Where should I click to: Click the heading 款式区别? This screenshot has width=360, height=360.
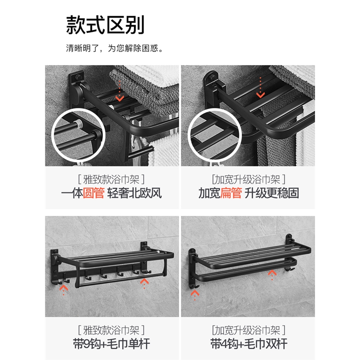click(105, 25)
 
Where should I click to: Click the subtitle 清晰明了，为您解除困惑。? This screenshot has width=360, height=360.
click(114, 48)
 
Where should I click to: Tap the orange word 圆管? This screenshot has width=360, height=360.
click(94, 193)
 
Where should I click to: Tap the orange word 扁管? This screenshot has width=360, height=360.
click(231, 193)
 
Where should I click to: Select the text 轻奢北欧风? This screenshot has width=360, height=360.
click(134, 193)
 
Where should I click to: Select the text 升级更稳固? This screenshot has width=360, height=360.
click(272, 193)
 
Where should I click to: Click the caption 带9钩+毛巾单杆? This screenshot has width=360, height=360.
click(111, 344)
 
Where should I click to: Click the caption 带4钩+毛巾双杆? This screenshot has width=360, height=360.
click(249, 344)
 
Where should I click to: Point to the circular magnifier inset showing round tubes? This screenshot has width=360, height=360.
click(78, 135)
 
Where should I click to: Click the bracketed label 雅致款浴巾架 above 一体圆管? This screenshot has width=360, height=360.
click(111, 179)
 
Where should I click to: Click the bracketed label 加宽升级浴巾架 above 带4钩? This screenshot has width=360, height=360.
click(249, 330)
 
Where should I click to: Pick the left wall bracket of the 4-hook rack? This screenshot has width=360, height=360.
click(192, 269)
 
